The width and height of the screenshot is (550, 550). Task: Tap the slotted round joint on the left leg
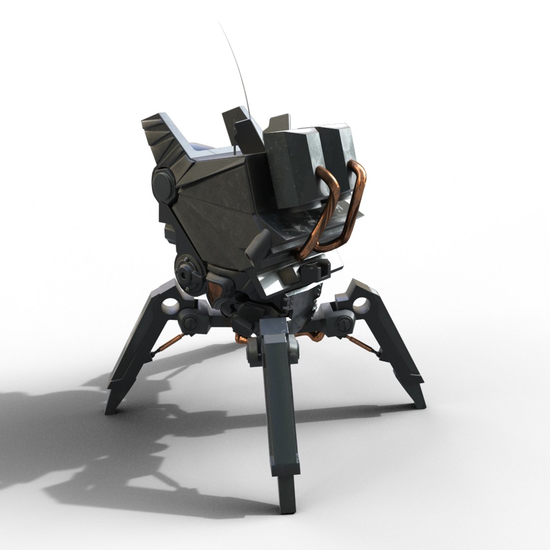coord(190,321)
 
